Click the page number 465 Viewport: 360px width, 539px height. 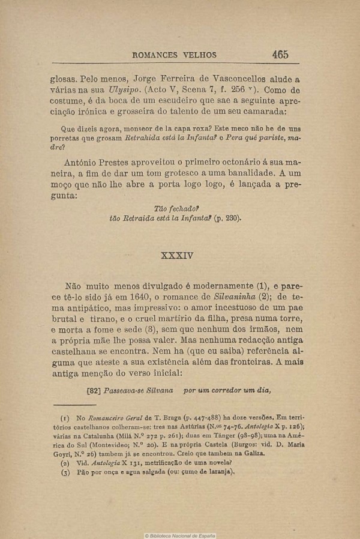[x=280, y=54]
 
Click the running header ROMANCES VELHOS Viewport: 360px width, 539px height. [x=173, y=55]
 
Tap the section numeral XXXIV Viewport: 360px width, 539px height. [x=178, y=254]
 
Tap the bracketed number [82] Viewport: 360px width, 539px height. [x=94, y=390]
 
